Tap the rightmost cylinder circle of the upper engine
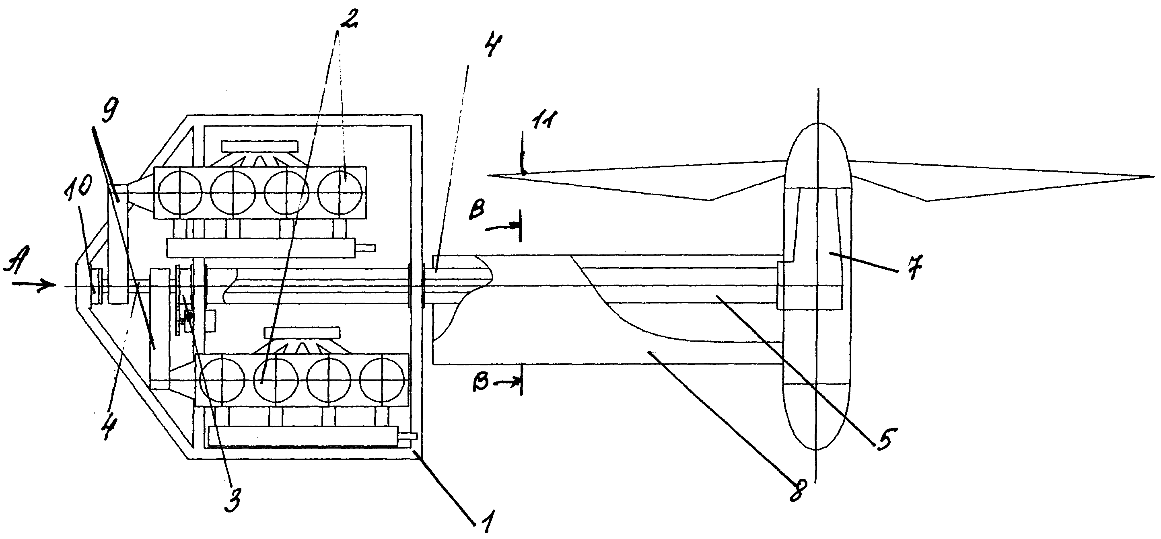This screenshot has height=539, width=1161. (341, 191)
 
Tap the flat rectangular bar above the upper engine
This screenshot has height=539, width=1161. (259, 146)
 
